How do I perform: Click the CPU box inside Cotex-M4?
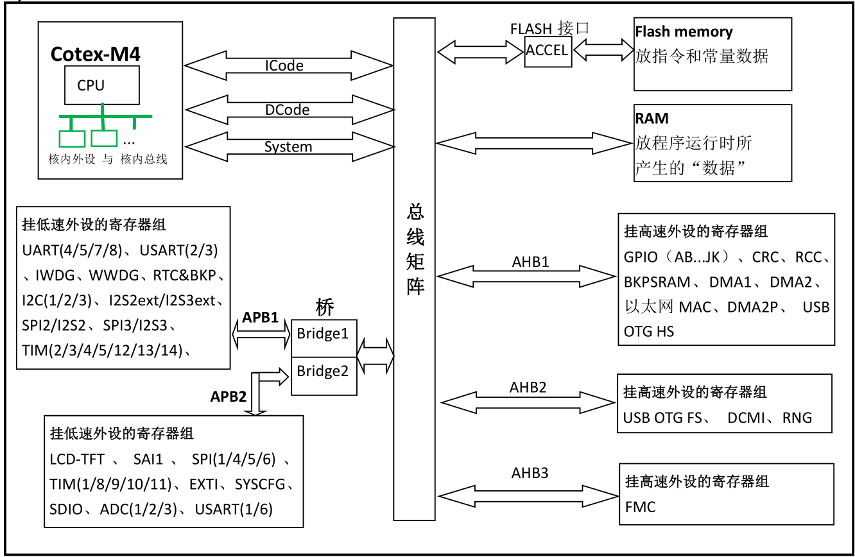tap(101, 85)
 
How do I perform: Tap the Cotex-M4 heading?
tap(96, 54)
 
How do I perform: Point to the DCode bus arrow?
tap(288, 110)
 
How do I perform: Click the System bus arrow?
tap(288, 146)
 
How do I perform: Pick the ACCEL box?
tap(548, 51)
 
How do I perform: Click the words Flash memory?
tap(684, 32)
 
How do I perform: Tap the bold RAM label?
tap(652, 119)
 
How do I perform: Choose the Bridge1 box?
tap(323, 334)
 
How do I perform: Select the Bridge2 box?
tap(323, 371)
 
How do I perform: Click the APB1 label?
tap(260, 317)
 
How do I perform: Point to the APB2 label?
tap(229, 397)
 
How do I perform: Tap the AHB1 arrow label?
tap(531, 262)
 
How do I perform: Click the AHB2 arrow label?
tap(528, 388)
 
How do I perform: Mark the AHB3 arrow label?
tap(530, 474)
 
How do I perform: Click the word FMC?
tap(640, 507)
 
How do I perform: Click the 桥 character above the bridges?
tap(325, 308)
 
